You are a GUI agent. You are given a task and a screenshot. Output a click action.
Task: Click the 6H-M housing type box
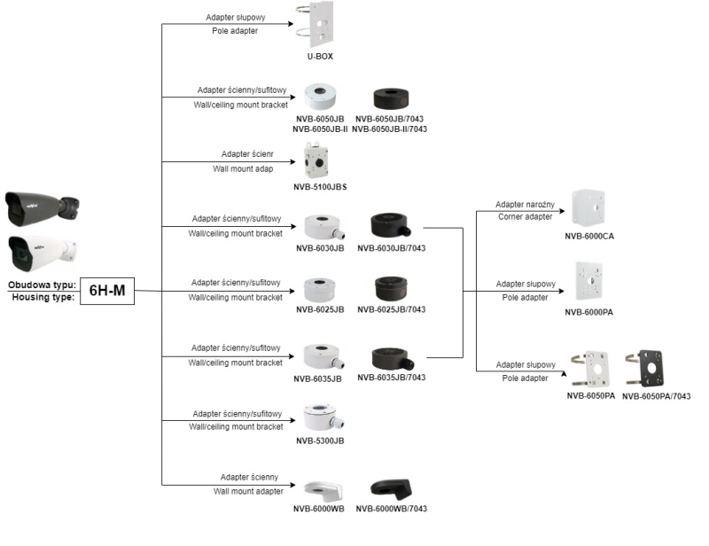click(107, 291)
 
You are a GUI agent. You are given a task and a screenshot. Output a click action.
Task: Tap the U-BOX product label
click(320, 57)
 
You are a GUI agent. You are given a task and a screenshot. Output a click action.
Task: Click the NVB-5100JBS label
click(319, 186)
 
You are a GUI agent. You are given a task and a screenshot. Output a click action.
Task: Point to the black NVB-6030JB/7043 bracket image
click(392, 224)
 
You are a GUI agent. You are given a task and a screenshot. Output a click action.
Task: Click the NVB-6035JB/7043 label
click(392, 378)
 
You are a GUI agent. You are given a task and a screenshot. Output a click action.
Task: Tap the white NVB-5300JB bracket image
click(321, 417)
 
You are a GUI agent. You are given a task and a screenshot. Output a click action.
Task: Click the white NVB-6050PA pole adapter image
click(590, 368)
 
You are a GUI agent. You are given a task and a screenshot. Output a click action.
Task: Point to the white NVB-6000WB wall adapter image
click(320, 490)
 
